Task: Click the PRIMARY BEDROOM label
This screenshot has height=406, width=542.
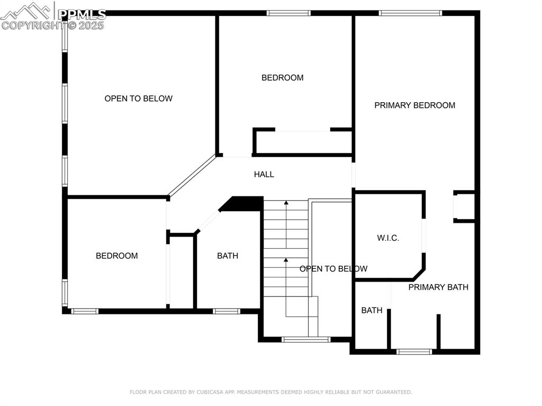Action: point(414,105)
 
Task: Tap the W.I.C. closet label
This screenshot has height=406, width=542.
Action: point(388,238)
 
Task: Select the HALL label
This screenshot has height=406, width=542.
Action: point(264,174)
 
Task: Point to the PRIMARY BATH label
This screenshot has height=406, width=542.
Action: point(438,287)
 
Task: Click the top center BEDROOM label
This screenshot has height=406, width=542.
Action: point(283,78)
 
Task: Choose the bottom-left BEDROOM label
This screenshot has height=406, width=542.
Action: point(116,256)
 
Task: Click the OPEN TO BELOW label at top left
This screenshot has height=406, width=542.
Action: point(138,98)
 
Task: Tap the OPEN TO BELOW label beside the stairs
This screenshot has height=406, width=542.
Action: point(333,269)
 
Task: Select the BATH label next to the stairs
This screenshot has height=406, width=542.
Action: point(228,256)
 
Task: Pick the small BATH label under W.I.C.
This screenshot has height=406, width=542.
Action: point(372,310)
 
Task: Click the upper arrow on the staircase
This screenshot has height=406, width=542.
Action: point(286,202)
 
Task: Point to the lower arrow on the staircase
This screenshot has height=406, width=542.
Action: point(286,260)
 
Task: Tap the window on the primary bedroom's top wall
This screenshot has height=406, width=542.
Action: point(410,13)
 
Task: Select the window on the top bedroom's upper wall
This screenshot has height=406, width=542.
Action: point(288,13)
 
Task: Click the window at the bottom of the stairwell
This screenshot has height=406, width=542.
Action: point(306,339)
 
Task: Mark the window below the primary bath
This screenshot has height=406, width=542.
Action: point(414,351)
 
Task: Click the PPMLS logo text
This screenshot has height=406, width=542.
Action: point(82,14)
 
